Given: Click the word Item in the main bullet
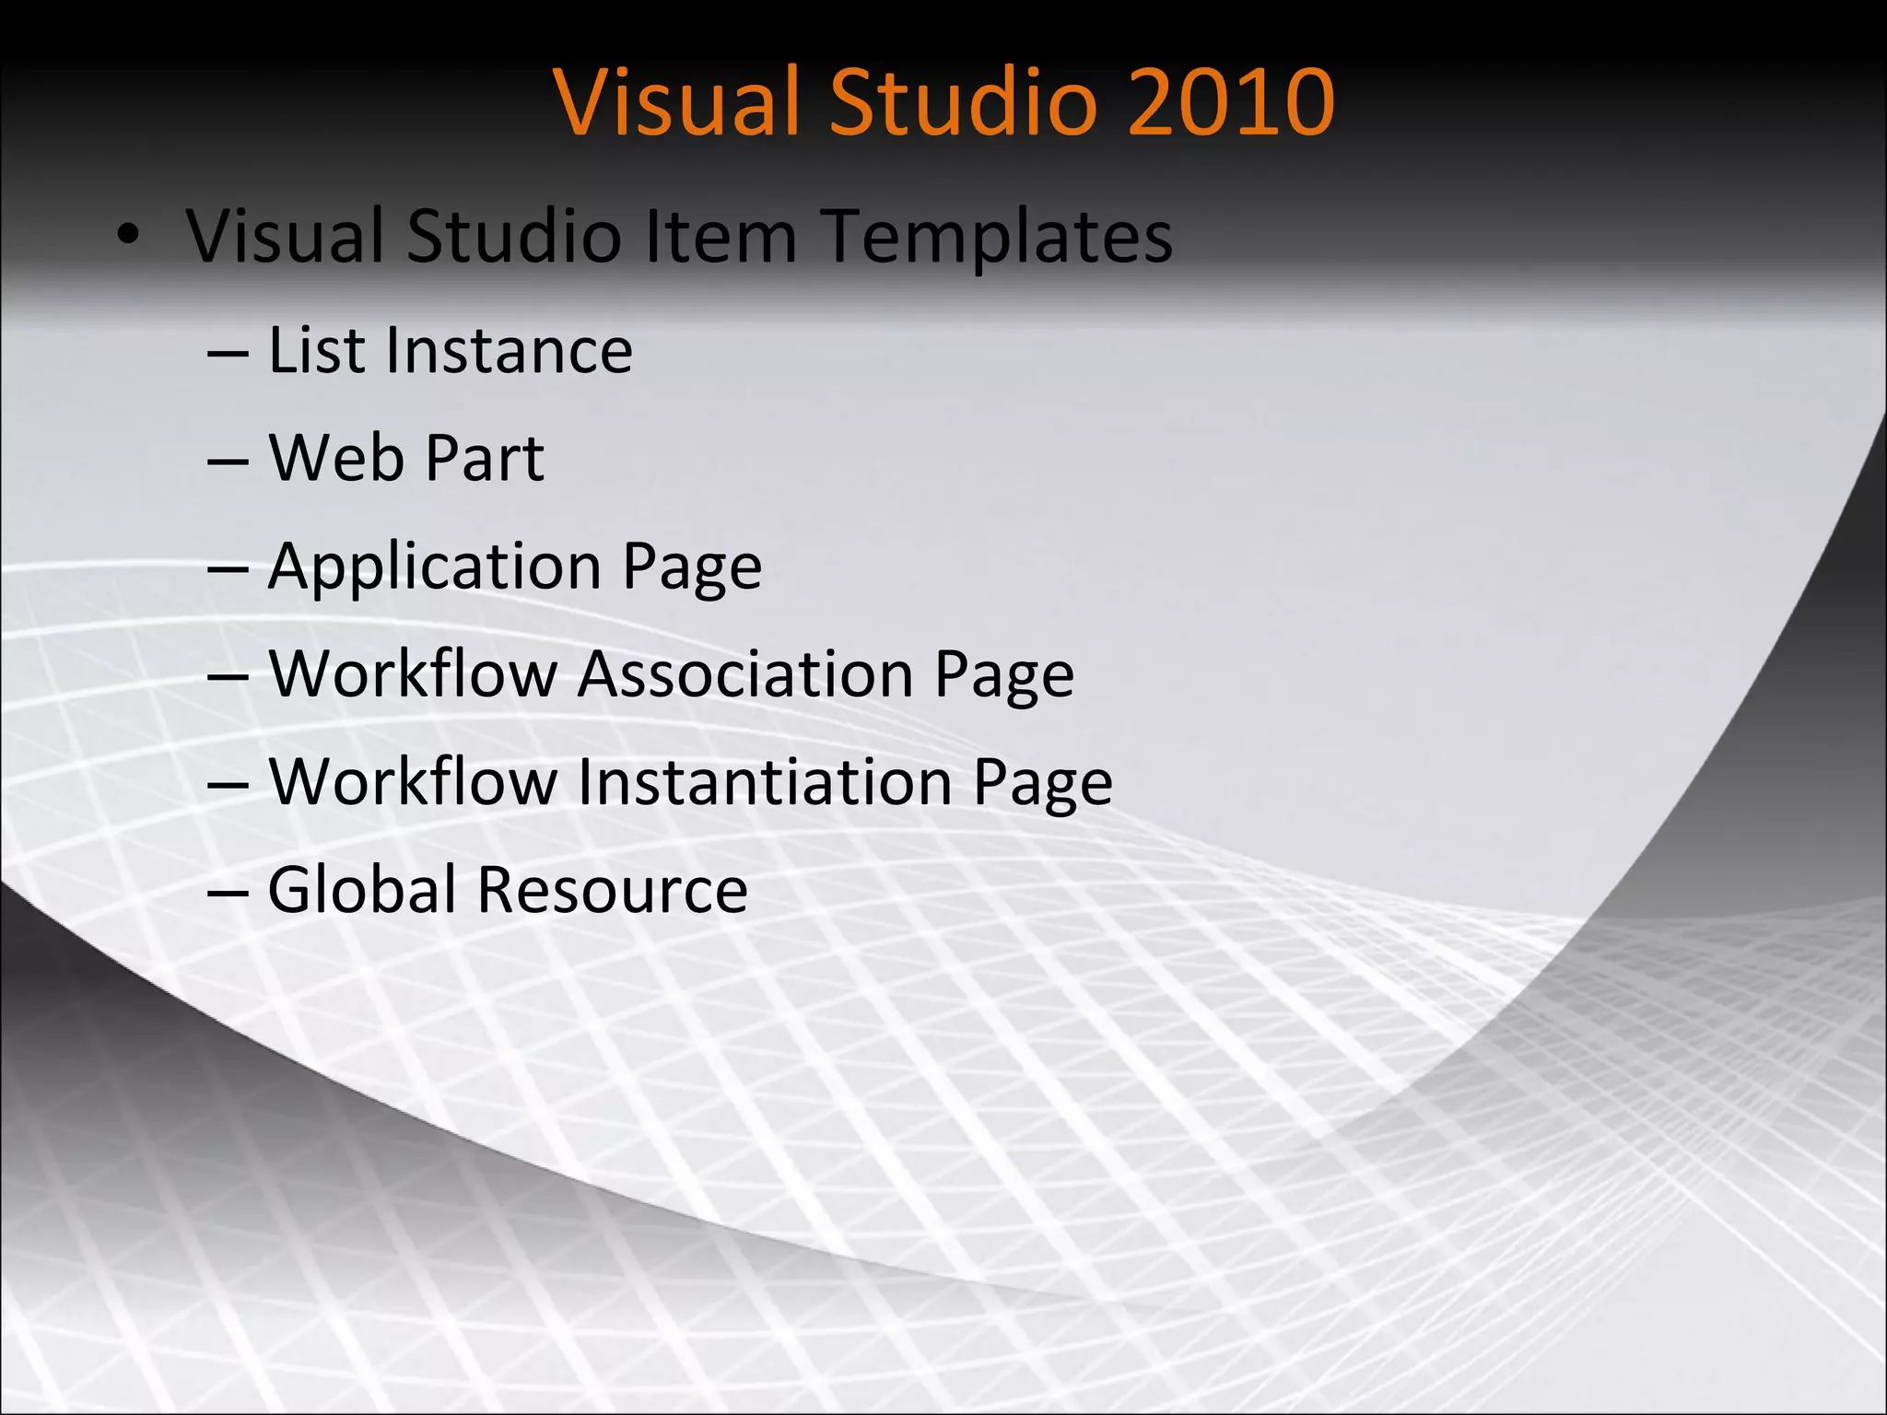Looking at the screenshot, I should [720, 236].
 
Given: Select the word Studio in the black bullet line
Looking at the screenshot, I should [514, 236].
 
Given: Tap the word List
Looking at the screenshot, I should [316, 350].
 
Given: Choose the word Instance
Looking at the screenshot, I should [510, 350].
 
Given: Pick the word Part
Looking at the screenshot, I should [485, 458].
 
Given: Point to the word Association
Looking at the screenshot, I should [745, 673].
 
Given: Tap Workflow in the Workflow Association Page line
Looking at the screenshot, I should [414, 673].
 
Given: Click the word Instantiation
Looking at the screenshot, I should [765, 781].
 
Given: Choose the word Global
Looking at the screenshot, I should [362, 889].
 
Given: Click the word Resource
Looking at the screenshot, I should [612, 891].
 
